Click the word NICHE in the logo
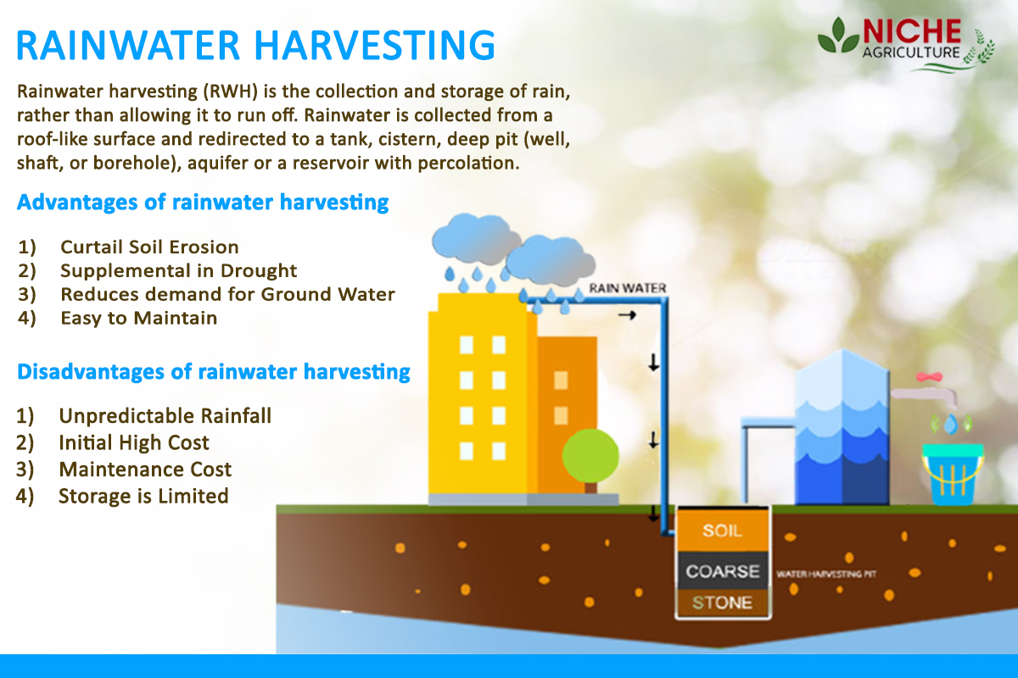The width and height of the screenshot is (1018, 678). [911, 32]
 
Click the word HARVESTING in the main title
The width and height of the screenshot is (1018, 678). [374, 46]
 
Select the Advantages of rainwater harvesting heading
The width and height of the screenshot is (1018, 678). [203, 202]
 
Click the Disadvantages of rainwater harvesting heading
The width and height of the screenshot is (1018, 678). [214, 371]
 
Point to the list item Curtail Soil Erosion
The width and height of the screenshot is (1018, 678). [149, 247]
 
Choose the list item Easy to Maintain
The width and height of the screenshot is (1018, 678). [138, 318]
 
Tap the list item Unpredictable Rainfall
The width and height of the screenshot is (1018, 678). [165, 415]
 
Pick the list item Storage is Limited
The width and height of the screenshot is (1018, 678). [143, 496]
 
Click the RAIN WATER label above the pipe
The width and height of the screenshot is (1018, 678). [627, 288]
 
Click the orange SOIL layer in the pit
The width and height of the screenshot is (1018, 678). [722, 530]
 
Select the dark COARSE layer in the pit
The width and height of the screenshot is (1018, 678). [722, 571]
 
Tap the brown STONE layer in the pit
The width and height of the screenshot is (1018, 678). [722, 603]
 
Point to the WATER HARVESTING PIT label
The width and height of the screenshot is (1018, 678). [826, 574]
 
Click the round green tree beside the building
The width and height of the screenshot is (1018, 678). [590, 456]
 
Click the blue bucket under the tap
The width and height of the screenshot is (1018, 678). [952, 475]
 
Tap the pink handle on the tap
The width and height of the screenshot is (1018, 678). [930, 376]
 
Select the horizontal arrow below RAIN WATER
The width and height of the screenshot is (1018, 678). [627, 314]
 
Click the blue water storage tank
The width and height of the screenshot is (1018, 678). [842, 427]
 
